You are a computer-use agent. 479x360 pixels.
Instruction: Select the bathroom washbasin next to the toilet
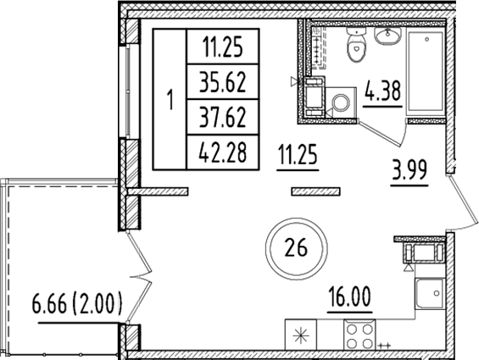(389, 38)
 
